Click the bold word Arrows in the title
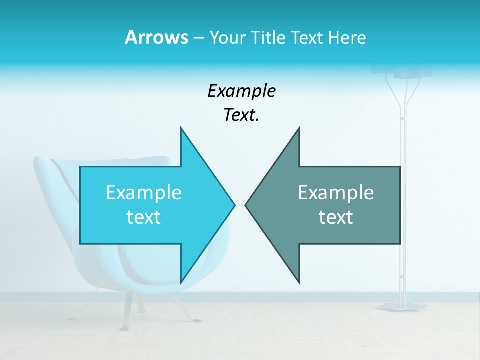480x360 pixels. click(x=156, y=37)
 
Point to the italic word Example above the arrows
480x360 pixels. click(x=241, y=91)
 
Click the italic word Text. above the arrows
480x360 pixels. click(x=241, y=115)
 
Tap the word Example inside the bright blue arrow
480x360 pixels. click(x=144, y=192)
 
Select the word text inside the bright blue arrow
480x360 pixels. click(x=144, y=217)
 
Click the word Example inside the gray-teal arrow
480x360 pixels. click(x=336, y=192)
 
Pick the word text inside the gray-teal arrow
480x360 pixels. click(x=336, y=217)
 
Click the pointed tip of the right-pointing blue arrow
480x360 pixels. click(x=234, y=205)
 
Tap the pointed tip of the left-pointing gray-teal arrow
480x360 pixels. click(x=246, y=205)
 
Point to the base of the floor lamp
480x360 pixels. click(x=400, y=306)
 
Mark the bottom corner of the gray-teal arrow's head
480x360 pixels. click(x=299, y=282)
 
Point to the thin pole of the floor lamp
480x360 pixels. click(x=402, y=200)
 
